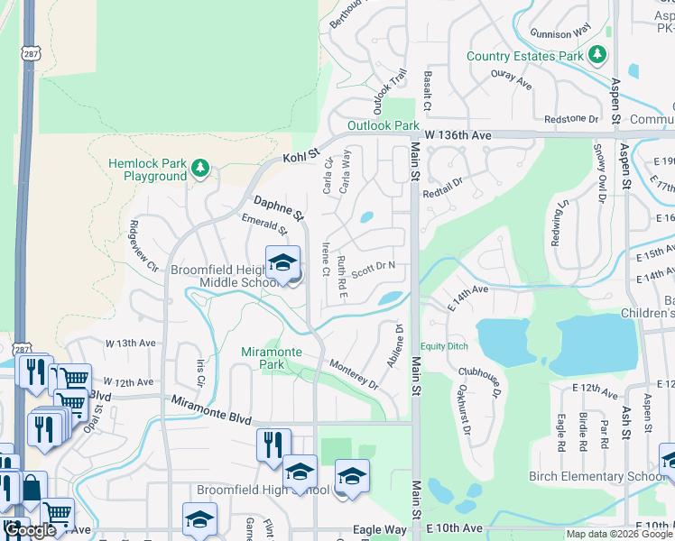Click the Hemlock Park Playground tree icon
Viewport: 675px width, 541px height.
pyautogui.click(x=200, y=167)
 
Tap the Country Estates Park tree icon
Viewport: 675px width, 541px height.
pyautogui.click(x=596, y=56)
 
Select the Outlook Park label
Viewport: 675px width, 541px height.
pyautogui.click(x=384, y=126)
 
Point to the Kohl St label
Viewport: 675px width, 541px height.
pyautogui.click(x=301, y=158)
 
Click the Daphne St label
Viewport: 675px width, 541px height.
pyautogui.click(x=279, y=207)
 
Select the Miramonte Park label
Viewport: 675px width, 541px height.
pyautogui.click(x=270, y=358)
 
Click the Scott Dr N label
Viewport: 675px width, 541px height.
pyautogui.click(x=374, y=266)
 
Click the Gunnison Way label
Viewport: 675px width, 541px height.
pyautogui.click(x=565, y=33)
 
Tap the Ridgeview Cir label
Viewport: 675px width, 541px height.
pyautogui.click(x=145, y=247)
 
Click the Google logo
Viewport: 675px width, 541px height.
pyautogui.click(x=30, y=530)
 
